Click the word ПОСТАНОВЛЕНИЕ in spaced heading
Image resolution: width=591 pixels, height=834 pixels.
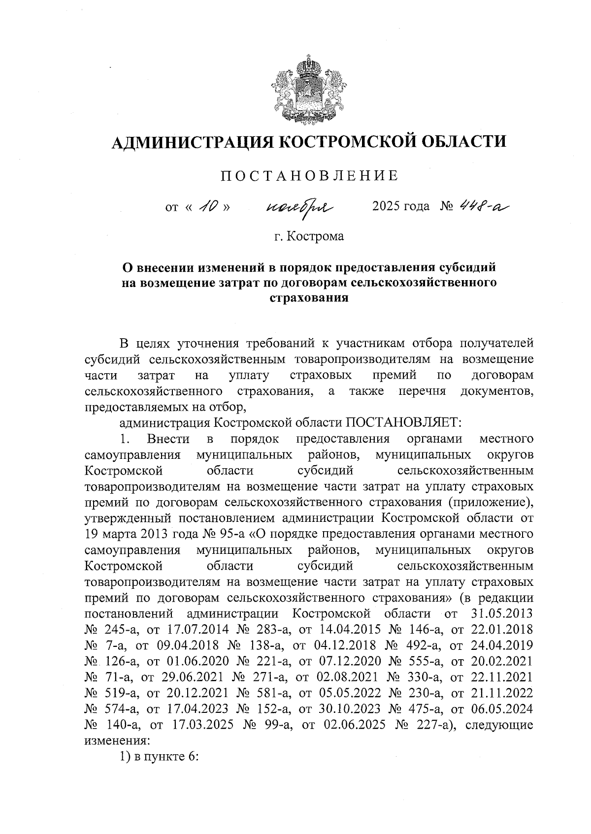tap(309, 176)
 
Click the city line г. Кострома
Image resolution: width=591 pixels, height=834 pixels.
tap(309, 236)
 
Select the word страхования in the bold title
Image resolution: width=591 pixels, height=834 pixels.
tap(309, 298)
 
